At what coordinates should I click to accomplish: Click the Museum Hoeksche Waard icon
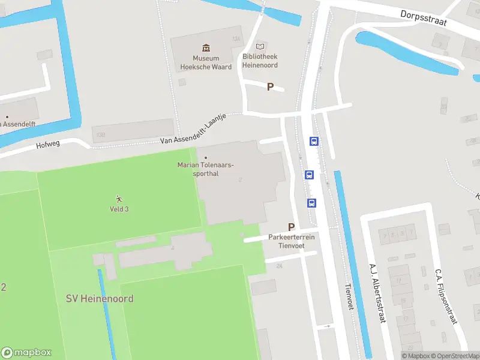[x=206, y=47]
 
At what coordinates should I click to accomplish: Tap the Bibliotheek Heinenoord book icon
[x=260, y=46]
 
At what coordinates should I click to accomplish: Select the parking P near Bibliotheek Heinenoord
[x=270, y=87]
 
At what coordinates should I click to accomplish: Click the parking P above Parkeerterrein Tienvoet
[x=292, y=227]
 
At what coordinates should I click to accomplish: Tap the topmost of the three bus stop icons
[x=314, y=142]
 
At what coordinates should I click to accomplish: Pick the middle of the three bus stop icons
[x=309, y=175]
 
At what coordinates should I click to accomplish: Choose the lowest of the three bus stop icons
[x=312, y=203]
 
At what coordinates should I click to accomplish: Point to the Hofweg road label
[x=48, y=145]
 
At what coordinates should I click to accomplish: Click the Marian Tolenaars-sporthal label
[x=206, y=169]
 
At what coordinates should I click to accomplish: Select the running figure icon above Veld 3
[x=119, y=199]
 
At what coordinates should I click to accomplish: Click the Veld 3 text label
[x=119, y=209]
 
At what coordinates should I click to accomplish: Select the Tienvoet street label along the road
[x=347, y=297]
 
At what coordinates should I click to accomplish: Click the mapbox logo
[x=26, y=353]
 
